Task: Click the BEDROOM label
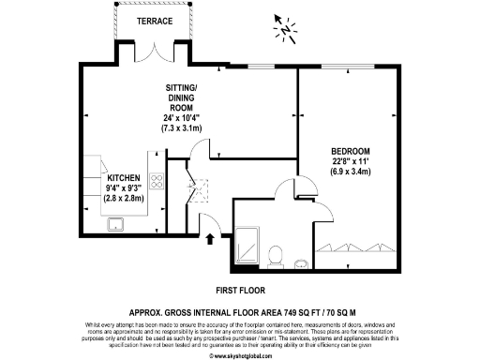click(x=351, y=152)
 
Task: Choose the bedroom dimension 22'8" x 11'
click(x=351, y=162)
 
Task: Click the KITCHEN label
click(x=124, y=177)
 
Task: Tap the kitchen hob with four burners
click(x=157, y=183)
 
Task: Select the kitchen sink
click(x=118, y=223)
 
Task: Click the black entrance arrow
click(x=209, y=239)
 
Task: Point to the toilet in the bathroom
click(x=275, y=253)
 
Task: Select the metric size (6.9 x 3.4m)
click(x=351, y=172)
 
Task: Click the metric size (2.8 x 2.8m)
click(x=124, y=199)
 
